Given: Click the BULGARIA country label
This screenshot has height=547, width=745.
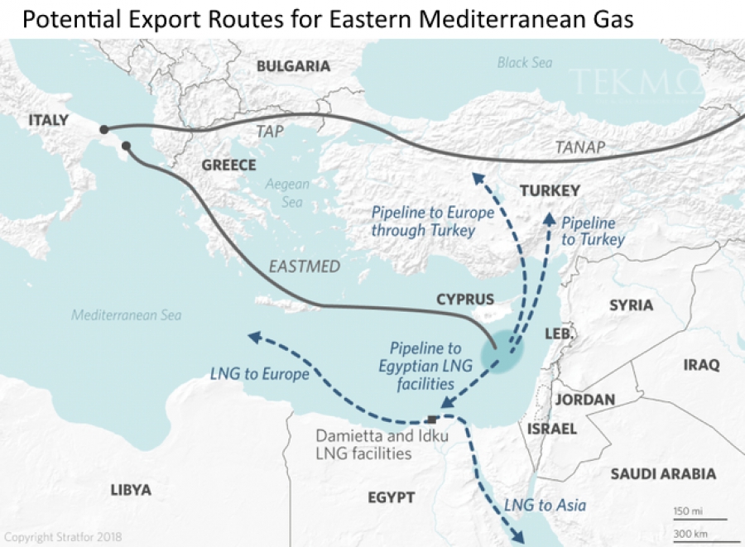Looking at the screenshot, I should (293, 66).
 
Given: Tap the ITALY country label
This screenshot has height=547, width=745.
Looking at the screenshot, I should (48, 120).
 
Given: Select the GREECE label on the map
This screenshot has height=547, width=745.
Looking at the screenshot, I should (228, 166).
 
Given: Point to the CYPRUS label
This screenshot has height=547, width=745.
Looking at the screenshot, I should (464, 300).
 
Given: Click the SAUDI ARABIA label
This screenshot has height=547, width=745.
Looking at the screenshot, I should (663, 474).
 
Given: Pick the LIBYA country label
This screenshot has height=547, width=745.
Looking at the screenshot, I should (131, 490).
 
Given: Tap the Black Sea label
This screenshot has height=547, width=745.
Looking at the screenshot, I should (524, 62).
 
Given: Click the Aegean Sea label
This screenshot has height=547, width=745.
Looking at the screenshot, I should (287, 193).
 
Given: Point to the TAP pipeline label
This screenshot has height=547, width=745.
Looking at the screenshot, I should (269, 131).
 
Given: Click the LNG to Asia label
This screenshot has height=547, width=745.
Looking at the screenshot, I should (545, 505).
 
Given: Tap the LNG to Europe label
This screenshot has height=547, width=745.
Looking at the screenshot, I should (259, 374).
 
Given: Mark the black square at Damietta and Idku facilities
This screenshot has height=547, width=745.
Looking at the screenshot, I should (431, 418).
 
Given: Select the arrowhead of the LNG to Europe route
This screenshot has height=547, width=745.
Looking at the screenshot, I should (253, 337).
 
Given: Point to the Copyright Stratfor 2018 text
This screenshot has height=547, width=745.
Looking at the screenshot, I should (63, 537).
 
